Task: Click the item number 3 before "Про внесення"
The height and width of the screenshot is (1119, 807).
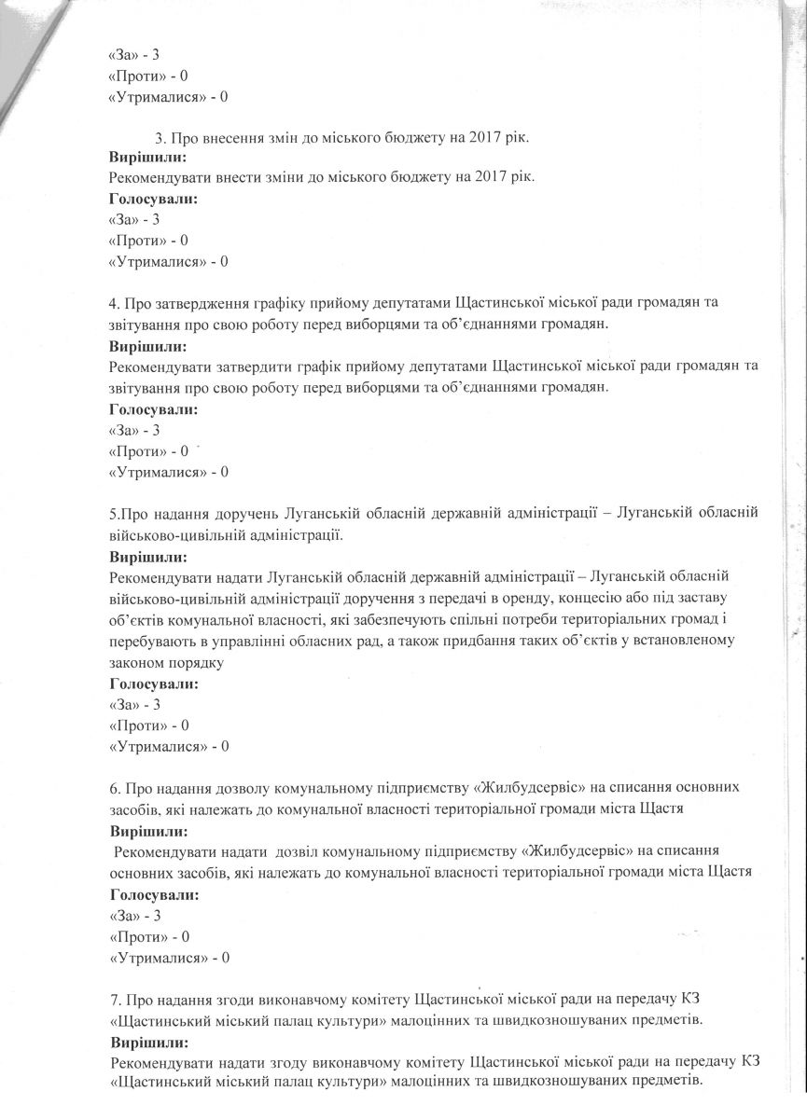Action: pyautogui.click(x=160, y=138)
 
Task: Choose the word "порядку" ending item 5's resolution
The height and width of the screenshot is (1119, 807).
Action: pyautogui.click(x=189, y=663)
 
